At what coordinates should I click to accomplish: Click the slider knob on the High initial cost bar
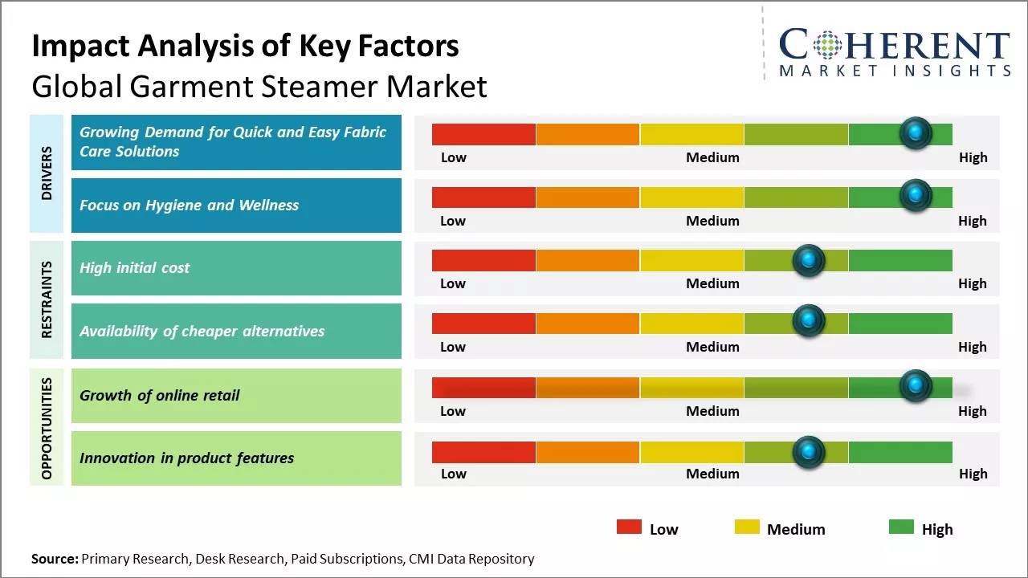[809, 260]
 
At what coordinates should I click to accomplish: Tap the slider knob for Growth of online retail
[916, 386]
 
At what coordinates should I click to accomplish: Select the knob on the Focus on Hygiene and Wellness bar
[916, 196]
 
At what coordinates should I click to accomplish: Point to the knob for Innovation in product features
[809, 452]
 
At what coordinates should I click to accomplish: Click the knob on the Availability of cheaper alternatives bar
[809, 321]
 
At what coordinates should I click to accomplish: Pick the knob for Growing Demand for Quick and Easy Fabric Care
[916, 132]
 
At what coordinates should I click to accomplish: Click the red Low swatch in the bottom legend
[629, 527]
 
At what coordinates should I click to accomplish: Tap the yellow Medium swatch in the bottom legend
[747, 527]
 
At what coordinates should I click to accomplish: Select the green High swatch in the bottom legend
[901, 527]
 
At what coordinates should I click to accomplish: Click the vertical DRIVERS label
[47, 173]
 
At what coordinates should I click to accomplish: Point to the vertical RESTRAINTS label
[47, 299]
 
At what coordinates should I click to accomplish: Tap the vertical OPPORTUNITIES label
[47, 428]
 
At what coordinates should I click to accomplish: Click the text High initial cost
[134, 268]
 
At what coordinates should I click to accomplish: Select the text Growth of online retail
[159, 395]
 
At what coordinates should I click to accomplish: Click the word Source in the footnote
[55, 559]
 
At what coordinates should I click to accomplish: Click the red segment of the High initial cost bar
[483, 260]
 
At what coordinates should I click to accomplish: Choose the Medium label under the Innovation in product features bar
[712, 474]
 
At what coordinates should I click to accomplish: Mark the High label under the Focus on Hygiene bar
[972, 221]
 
